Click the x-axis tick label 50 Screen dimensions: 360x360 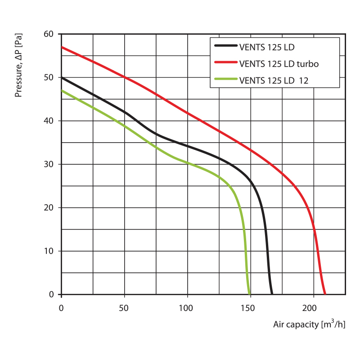pos(124,308)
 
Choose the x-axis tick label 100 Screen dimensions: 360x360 pos(186,308)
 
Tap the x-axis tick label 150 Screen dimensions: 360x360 pos(249,308)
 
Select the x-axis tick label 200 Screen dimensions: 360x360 pos(312,308)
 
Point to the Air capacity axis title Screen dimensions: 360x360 pos(309,324)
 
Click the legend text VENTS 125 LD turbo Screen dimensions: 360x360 pos(279,64)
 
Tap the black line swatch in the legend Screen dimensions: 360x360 pos(225,46)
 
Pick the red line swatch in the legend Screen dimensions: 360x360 pos(225,63)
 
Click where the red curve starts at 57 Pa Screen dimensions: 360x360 pos(62,47)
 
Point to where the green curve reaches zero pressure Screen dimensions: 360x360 pos(249,294)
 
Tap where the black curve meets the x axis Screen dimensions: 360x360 pos(272,294)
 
